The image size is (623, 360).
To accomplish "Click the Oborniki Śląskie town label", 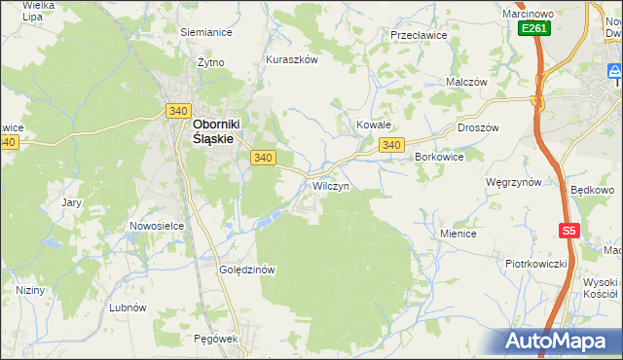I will click(213, 131).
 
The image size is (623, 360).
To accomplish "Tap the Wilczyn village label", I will click(330, 185).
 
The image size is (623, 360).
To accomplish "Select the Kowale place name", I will click(373, 126).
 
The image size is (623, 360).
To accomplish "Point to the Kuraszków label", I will click(292, 59).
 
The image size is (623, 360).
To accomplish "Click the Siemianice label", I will click(205, 31).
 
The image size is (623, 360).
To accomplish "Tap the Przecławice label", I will click(418, 34).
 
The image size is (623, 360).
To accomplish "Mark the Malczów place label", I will click(465, 83).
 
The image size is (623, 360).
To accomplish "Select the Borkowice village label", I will click(438, 156).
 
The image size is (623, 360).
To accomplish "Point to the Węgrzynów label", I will click(513, 182).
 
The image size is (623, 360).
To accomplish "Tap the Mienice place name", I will click(458, 234).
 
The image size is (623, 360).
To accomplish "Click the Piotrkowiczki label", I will click(535, 264).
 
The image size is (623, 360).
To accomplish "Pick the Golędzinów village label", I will click(249, 270).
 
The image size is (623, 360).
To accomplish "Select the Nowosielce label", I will click(157, 226).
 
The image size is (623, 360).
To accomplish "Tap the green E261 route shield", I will click(534, 29).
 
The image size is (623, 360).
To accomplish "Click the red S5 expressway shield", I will click(570, 231).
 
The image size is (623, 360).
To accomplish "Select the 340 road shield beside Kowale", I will click(391, 145).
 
